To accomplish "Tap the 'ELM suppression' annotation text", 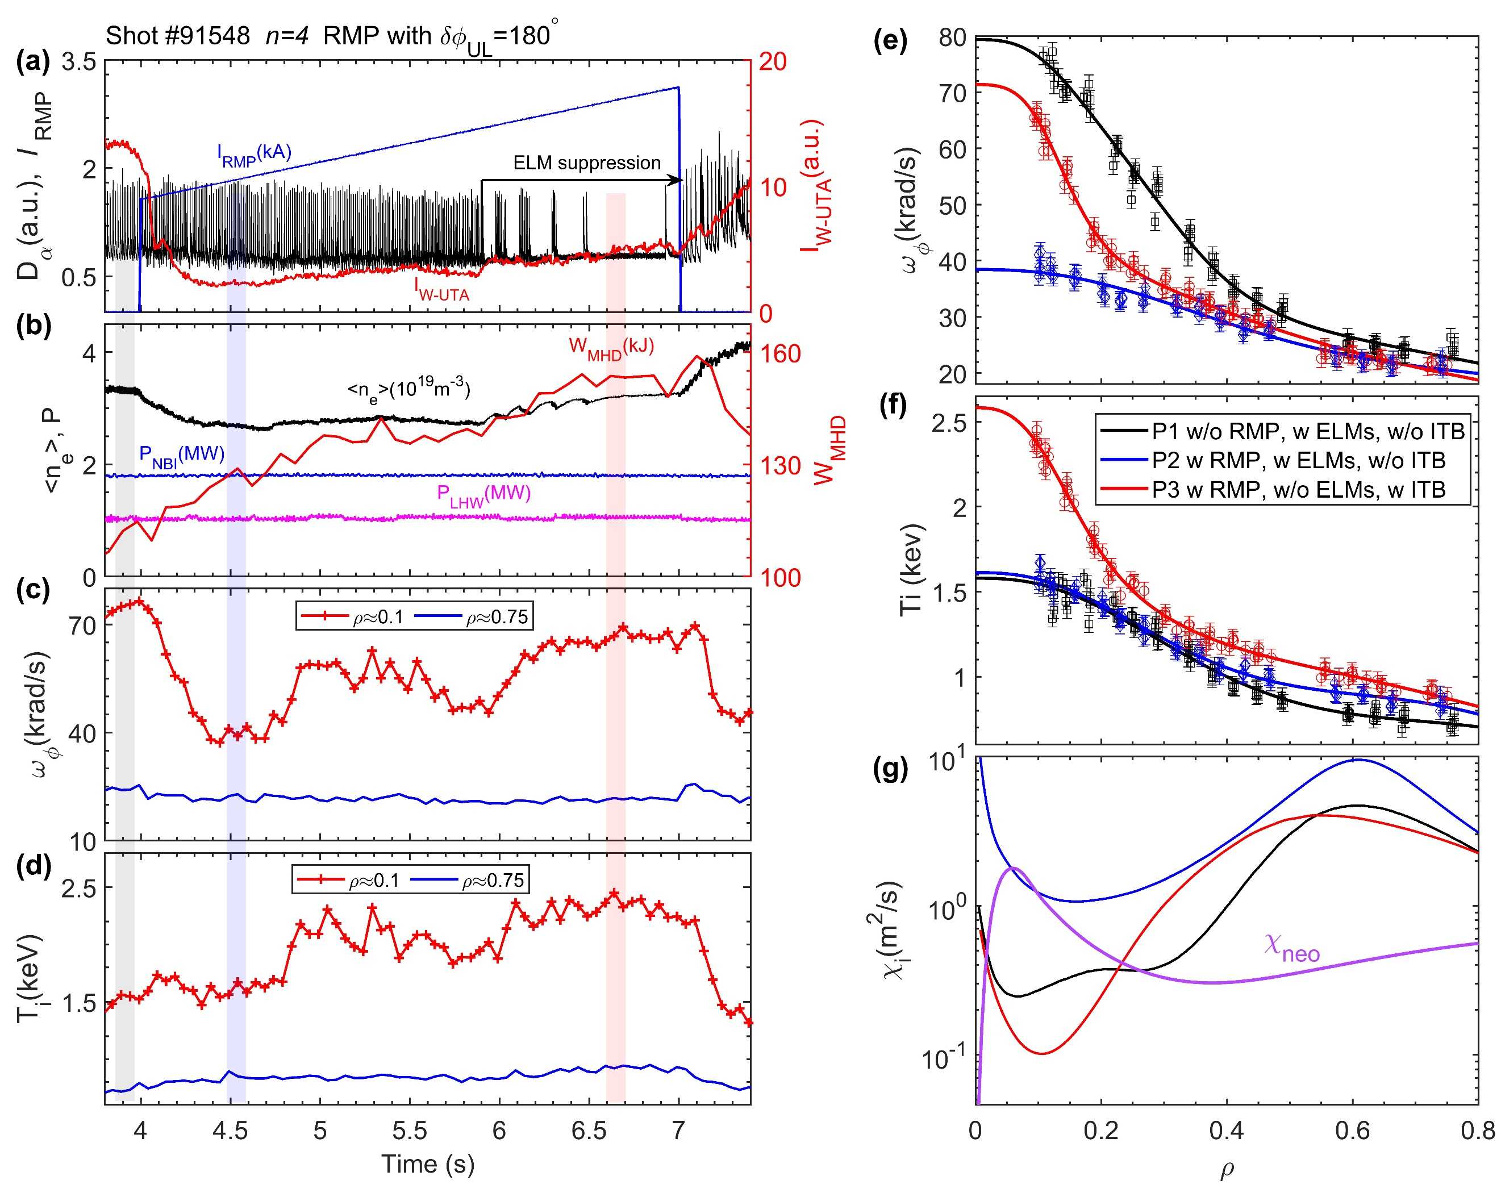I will point(586,163).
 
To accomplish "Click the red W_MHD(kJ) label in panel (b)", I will point(611,347).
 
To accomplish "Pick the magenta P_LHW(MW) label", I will point(484,495).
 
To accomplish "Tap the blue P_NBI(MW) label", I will point(182,455).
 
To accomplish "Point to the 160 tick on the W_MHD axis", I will point(781,354).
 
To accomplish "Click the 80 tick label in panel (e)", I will point(952,37).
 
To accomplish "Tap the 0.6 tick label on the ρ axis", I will point(1352,1130).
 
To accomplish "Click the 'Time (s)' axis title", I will point(427,1164).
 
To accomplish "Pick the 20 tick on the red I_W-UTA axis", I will point(772,62).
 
